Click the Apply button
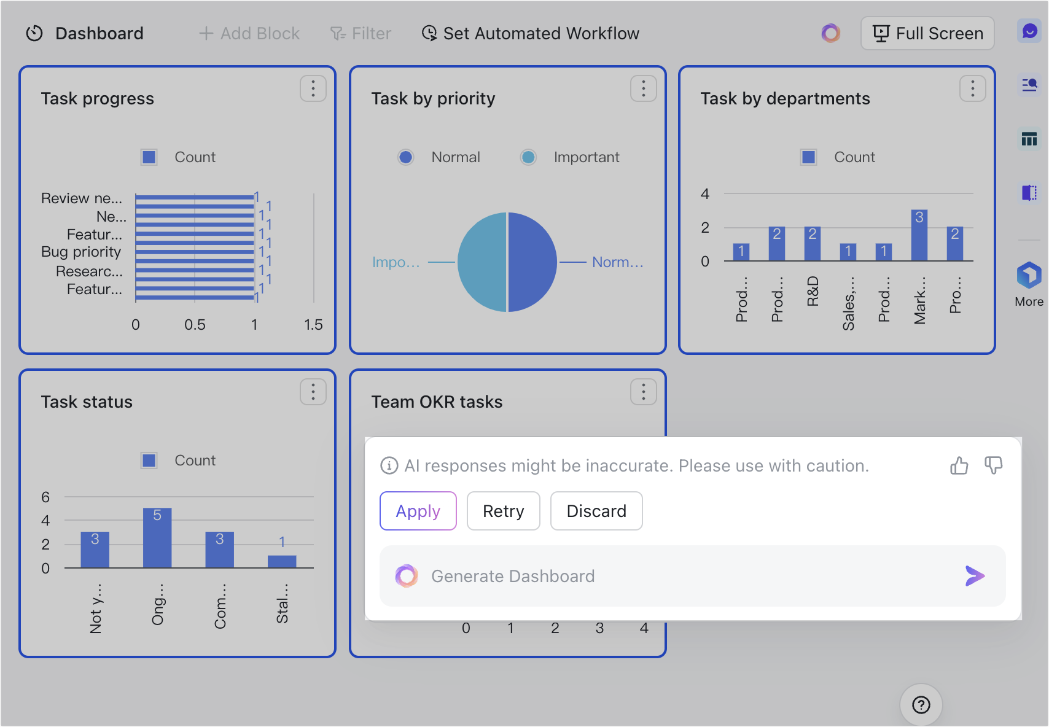click(x=418, y=511)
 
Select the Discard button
click(x=596, y=511)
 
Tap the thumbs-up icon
click(x=959, y=466)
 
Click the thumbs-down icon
click(x=993, y=465)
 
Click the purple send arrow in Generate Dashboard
click(x=974, y=576)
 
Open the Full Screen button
click(x=927, y=33)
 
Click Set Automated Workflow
click(x=531, y=33)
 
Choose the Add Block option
click(x=249, y=33)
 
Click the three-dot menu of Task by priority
click(x=643, y=89)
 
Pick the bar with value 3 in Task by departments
click(x=919, y=236)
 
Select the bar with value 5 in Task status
click(x=157, y=538)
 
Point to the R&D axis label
click(x=813, y=292)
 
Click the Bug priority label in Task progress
click(x=81, y=252)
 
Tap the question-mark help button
click(x=921, y=705)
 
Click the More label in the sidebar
click(x=1029, y=301)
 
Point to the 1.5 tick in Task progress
click(x=313, y=325)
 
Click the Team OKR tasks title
click(x=437, y=402)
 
